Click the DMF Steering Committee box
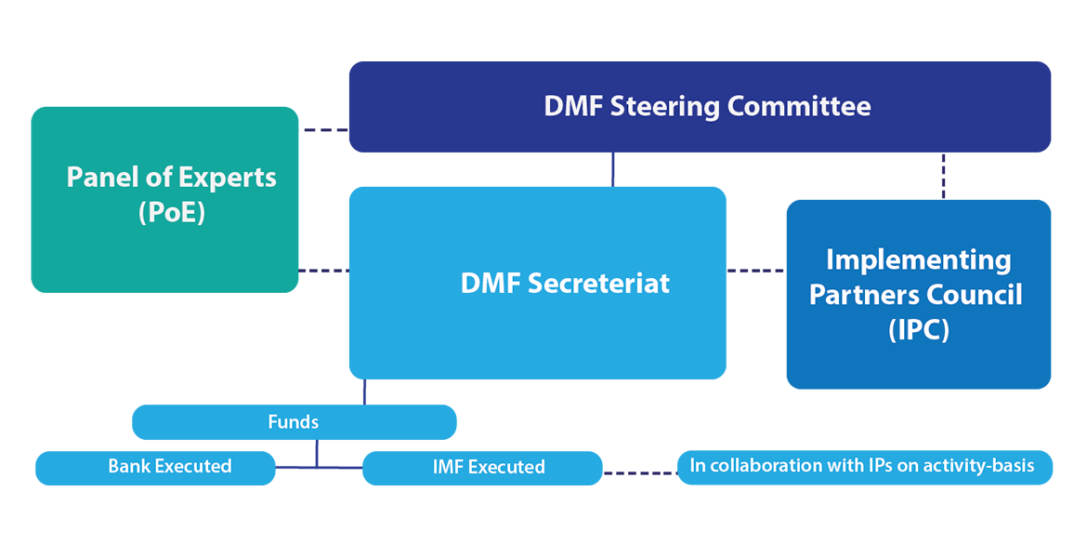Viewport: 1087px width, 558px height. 700,106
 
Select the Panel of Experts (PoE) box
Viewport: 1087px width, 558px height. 164,199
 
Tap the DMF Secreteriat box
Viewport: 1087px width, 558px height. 537,283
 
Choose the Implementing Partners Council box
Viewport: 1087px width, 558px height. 918,294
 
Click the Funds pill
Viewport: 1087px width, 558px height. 294,422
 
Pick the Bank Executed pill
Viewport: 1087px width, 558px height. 155,467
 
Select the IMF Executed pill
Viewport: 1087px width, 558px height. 481,468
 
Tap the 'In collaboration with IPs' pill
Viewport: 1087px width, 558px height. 864,466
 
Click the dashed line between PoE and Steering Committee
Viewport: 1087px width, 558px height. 324,130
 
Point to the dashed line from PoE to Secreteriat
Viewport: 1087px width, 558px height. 323,271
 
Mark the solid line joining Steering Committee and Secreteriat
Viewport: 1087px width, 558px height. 612,169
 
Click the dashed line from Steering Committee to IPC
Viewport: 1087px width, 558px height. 943,176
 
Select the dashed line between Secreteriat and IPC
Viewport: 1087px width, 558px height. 755,271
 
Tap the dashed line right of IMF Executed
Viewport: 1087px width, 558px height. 640,473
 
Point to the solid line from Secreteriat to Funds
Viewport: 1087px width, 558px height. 364,392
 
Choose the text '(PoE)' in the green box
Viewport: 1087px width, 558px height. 171,213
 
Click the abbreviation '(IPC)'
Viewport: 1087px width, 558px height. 918,329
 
